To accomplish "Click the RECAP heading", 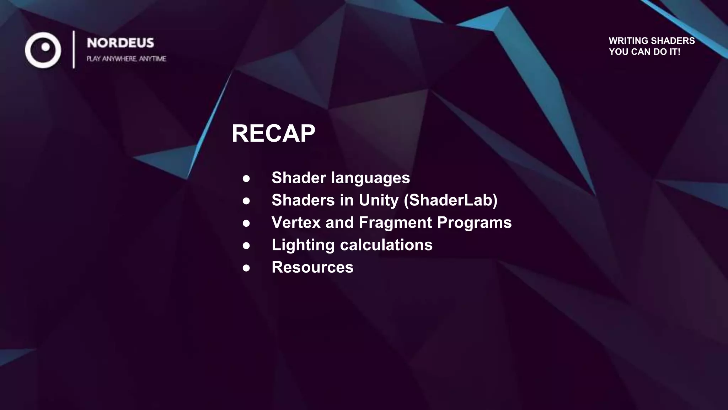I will [x=273, y=134].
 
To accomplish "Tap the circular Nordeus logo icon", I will [x=43, y=50].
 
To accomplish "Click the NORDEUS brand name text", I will [x=121, y=43].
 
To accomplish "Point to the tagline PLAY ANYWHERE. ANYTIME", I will [x=127, y=59].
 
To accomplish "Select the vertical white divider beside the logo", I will [x=74, y=49].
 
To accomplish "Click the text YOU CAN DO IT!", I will [x=644, y=52].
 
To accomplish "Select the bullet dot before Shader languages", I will [x=246, y=178].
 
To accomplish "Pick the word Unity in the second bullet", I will [x=379, y=200].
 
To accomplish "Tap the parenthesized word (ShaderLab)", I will [x=451, y=200].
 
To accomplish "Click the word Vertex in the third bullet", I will [x=296, y=223].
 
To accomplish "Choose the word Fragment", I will [x=395, y=223].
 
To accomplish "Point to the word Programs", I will [x=474, y=223].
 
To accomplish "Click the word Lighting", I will [x=303, y=245].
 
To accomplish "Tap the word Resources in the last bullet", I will [x=312, y=267].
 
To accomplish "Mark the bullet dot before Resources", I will [x=246, y=268].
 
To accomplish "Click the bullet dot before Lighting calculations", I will [x=246, y=246].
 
